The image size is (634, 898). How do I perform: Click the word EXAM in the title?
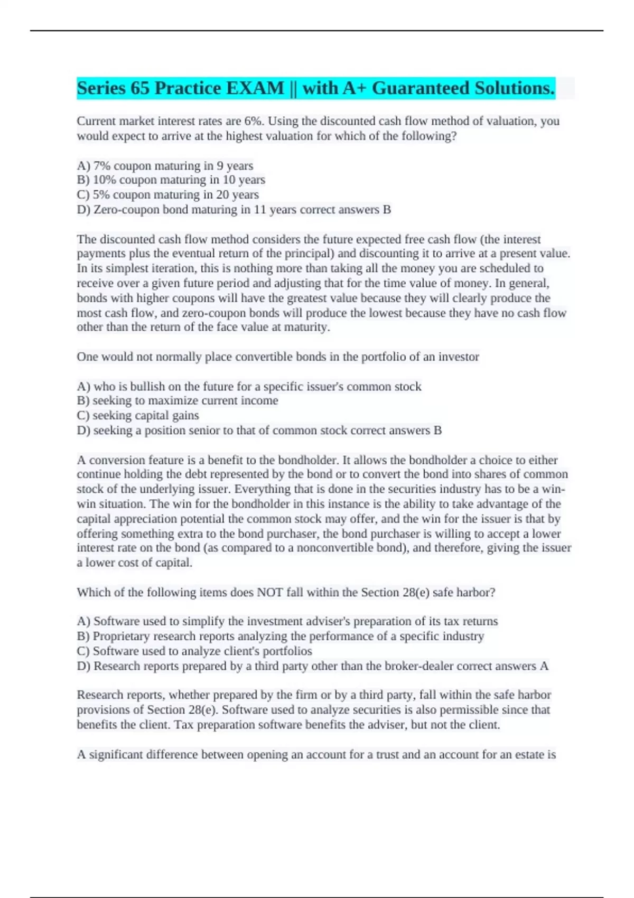pos(255,88)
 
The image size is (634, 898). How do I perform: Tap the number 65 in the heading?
pos(139,88)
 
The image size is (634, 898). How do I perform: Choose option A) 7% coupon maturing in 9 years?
pos(165,166)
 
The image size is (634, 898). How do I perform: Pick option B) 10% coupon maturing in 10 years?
pos(171,180)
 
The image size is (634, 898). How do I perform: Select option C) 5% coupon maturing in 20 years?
pos(167,195)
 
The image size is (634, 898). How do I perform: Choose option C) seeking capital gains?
pos(138,416)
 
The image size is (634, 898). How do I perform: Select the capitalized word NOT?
pos(270,593)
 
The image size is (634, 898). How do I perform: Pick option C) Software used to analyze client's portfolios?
pos(194,651)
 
